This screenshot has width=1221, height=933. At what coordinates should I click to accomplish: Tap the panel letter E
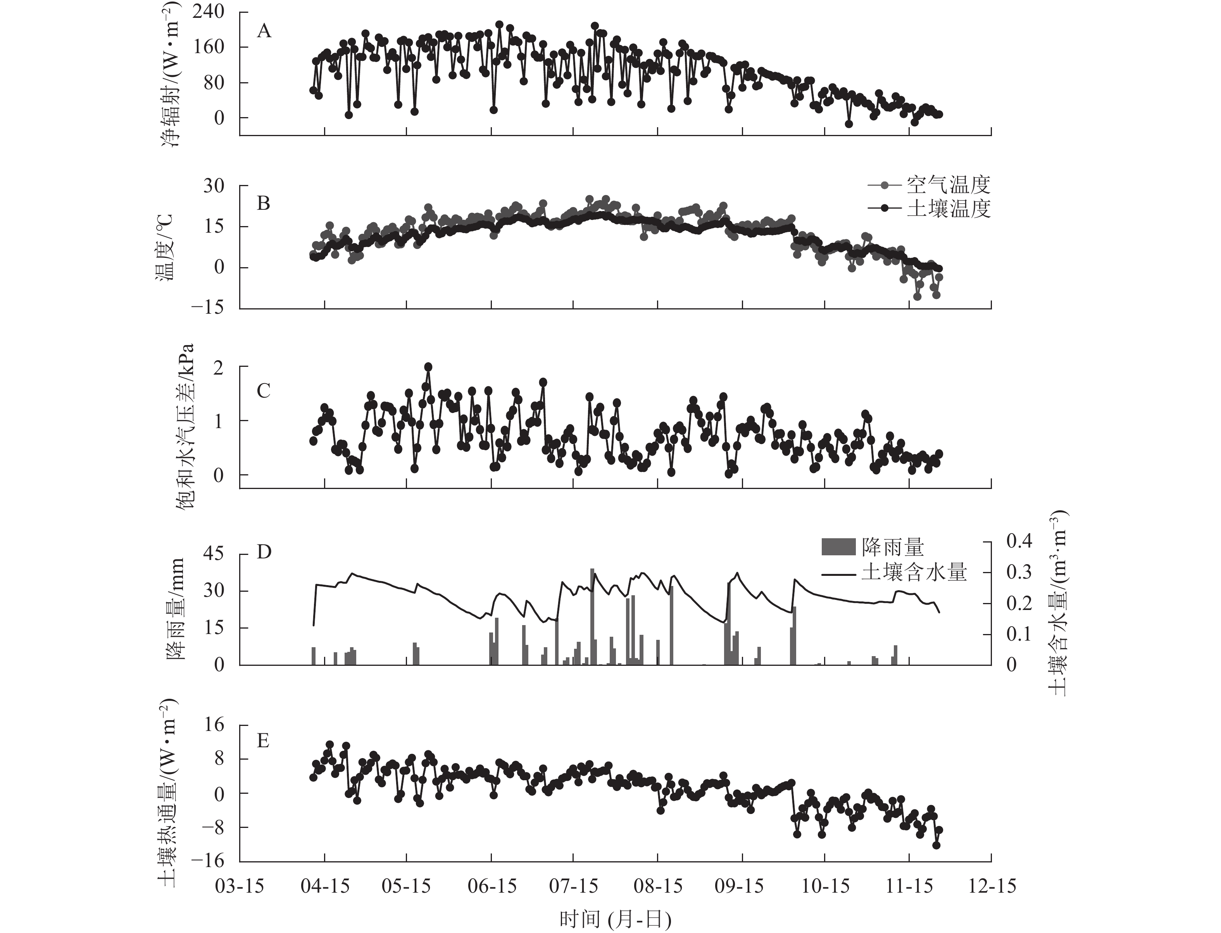coord(264,740)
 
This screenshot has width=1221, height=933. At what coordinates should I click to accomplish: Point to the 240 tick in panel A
coord(209,12)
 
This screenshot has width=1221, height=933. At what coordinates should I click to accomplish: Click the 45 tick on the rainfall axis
coord(214,554)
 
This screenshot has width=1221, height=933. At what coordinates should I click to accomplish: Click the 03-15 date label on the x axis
coord(240,885)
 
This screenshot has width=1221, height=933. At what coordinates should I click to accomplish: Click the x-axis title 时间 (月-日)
coord(615,919)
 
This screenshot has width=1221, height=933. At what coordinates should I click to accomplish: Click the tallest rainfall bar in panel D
coord(592,617)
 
